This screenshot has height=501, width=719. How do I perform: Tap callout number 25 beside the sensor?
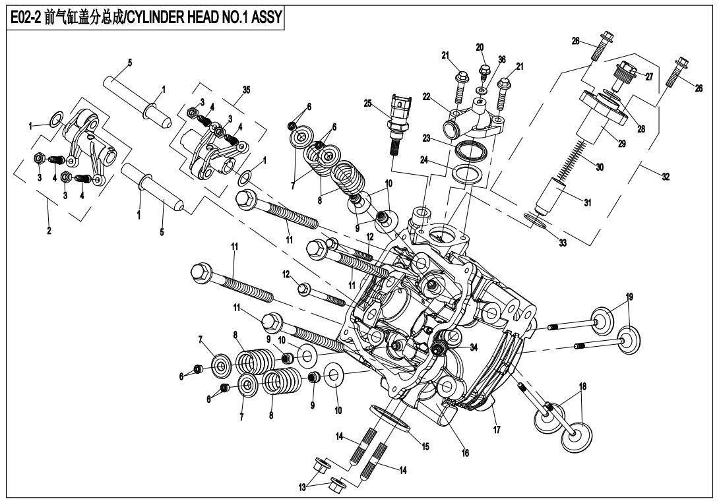(x=368, y=103)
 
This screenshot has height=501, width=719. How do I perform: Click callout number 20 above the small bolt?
(x=480, y=47)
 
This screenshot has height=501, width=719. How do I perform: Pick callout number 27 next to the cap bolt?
(x=648, y=76)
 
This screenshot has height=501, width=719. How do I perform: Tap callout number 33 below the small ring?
(x=562, y=243)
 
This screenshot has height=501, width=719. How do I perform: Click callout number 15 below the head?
(x=425, y=446)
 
